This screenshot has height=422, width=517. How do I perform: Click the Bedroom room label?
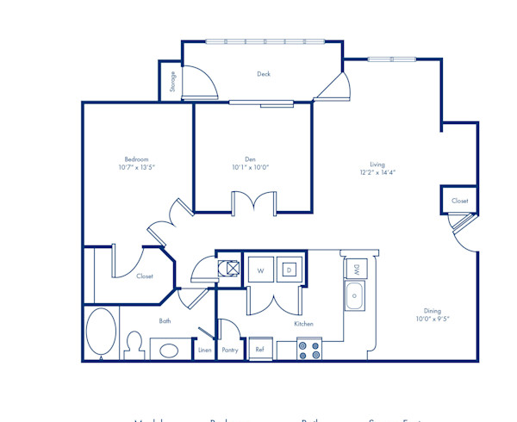[x=138, y=159]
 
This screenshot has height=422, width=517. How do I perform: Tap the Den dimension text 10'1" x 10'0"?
[x=250, y=169]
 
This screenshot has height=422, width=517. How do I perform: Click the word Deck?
[x=264, y=74]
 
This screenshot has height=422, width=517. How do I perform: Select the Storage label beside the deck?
[x=173, y=81]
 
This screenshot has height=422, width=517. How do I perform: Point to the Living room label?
[x=377, y=164]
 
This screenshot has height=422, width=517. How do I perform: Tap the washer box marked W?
[x=259, y=270]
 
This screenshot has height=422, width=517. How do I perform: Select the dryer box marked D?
[x=290, y=270]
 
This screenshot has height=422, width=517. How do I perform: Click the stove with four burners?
[x=309, y=350]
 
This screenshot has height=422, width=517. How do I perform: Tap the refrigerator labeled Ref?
[x=259, y=350]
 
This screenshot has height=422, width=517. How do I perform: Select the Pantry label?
[x=229, y=351]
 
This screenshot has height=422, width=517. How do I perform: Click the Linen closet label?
[x=204, y=351]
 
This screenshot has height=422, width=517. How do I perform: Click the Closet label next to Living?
[x=459, y=201]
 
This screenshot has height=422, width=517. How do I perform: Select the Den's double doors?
[x=252, y=202]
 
